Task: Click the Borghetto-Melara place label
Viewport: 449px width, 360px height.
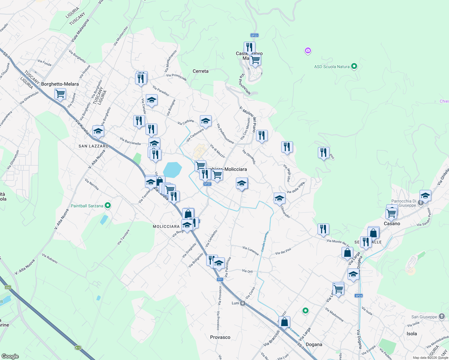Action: pyautogui.click(x=60, y=84)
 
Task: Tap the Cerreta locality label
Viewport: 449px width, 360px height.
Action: pyautogui.click(x=200, y=71)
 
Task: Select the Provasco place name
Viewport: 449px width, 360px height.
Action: pyautogui.click(x=220, y=337)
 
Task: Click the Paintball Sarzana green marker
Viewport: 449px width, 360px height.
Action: pyautogui.click(x=108, y=205)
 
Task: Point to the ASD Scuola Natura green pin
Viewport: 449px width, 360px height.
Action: pyautogui.click(x=354, y=66)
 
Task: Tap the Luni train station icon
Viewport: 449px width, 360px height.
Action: pyautogui.click(x=243, y=303)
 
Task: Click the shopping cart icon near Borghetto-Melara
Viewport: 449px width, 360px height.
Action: pyautogui.click(x=60, y=94)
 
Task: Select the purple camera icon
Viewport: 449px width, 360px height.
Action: pyautogui.click(x=308, y=50)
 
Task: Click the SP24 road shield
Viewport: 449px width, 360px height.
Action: pyautogui.click(x=359, y=295)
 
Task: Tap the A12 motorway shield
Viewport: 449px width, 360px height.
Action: pyautogui.click(x=78, y=348)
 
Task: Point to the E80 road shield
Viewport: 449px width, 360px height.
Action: pyautogui.click(x=8, y=287)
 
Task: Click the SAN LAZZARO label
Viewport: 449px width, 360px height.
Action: pyautogui.click(x=93, y=146)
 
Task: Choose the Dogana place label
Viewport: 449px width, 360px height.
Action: pyautogui.click(x=314, y=344)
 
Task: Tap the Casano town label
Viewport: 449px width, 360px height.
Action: pyautogui.click(x=392, y=223)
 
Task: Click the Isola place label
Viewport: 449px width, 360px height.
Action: pyautogui.click(x=412, y=334)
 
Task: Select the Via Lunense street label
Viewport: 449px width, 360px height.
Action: pyautogui.click(x=251, y=250)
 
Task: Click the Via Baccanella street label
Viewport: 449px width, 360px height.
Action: pyautogui.click(x=130, y=141)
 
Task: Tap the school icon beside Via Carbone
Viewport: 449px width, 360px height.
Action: pyautogui.click(x=206, y=121)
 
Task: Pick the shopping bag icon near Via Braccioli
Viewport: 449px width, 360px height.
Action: pyautogui.click(x=285, y=322)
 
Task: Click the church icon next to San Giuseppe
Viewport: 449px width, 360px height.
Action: pyautogui.click(x=441, y=316)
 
